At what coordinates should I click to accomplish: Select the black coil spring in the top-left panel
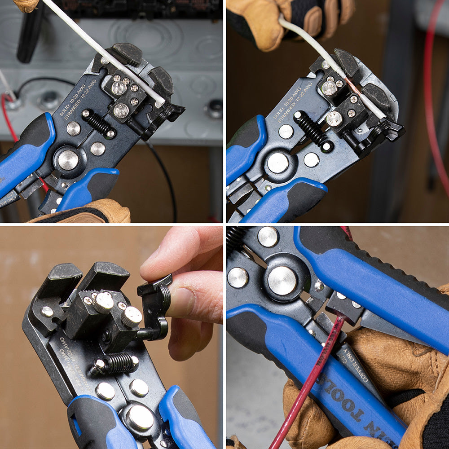98,123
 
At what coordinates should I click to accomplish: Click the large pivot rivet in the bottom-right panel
282,281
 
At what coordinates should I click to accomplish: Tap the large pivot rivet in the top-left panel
68,160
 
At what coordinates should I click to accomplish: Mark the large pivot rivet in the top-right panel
278,163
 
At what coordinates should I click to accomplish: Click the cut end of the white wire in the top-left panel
160,104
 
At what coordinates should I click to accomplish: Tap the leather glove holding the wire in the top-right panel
269,22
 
